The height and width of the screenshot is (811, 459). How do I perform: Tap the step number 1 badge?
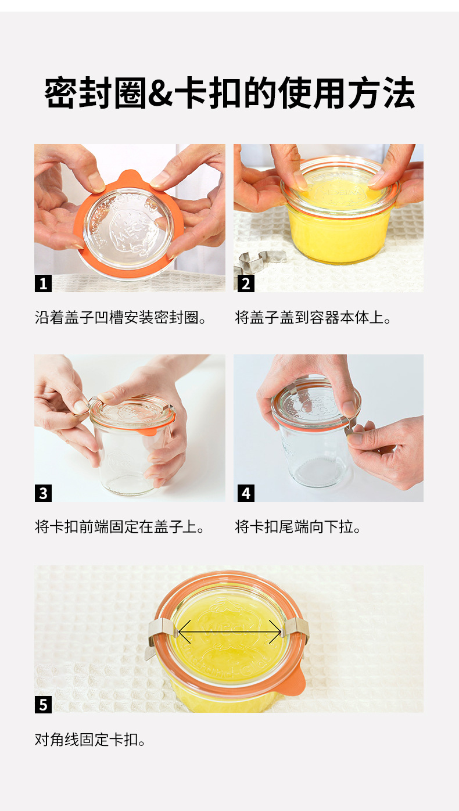click(x=43, y=283)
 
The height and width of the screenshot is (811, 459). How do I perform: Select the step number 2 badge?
click(x=246, y=283)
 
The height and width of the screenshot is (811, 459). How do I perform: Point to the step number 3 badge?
click(x=43, y=493)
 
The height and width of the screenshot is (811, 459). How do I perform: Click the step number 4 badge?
click(x=246, y=493)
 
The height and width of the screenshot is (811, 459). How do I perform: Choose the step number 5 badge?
click(x=43, y=705)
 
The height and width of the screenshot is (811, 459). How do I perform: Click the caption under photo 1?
click(x=121, y=318)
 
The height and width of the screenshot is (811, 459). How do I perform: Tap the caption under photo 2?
click(x=313, y=318)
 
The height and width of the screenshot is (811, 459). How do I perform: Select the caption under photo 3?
click(x=120, y=527)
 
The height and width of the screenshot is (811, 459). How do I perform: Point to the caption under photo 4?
click(x=298, y=527)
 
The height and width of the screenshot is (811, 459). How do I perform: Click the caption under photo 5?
click(x=90, y=740)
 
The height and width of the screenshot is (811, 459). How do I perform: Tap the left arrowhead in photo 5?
click(x=184, y=632)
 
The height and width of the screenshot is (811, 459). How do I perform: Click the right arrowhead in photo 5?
click(x=276, y=632)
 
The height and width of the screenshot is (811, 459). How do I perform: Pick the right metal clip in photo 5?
click(x=296, y=630)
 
